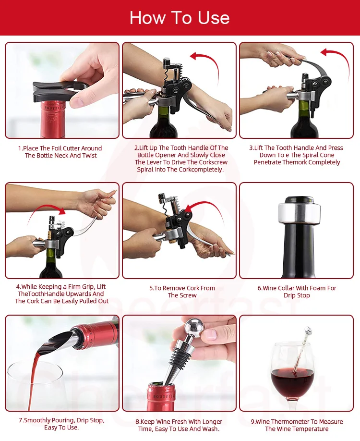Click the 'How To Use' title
click(180, 18)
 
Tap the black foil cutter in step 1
click(56, 92)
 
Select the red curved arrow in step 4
click(45, 208)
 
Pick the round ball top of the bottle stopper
click(194, 327)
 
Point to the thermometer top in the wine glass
click(308, 331)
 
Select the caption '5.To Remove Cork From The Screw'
click(182, 292)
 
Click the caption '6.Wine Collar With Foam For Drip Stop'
click(297, 292)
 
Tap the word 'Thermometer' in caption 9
click(288, 422)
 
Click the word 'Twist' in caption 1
click(89, 156)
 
